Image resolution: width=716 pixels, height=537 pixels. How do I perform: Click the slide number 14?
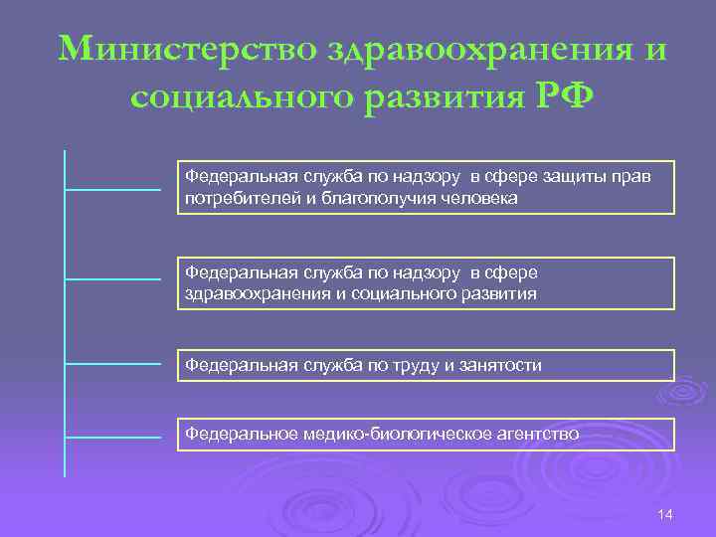click(665, 513)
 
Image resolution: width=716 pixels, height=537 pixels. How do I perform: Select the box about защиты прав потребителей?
click(426, 187)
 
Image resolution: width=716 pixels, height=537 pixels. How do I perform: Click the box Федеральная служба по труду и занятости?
click(426, 365)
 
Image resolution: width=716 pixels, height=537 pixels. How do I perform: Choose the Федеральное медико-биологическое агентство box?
click(426, 434)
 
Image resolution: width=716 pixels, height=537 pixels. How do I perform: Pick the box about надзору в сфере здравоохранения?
click(426, 283)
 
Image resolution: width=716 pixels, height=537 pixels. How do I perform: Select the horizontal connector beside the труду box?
click(112, 365)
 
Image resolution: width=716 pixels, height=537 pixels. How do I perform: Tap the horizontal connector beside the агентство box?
click(112, 436)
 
